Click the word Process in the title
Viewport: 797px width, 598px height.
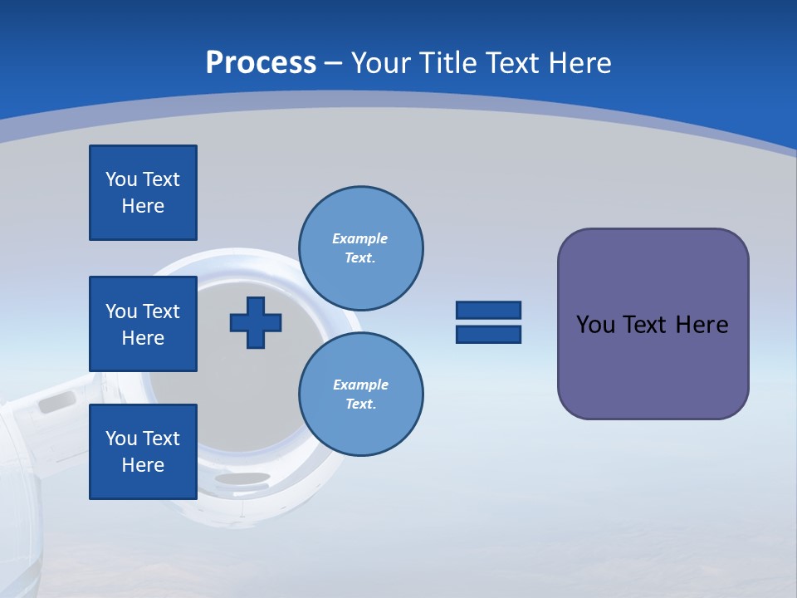[261, 62]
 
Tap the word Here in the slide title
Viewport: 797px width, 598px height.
[579, 62]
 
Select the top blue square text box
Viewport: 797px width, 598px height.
[143, 193]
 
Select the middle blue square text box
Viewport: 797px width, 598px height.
[143, 324]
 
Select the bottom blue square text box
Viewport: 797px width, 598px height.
[143, 452]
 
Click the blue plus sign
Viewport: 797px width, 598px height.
[256, 322]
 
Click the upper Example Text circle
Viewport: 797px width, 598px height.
[360, 248]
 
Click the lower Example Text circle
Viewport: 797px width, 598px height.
[360, 395]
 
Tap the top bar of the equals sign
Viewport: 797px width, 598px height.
[488, 311]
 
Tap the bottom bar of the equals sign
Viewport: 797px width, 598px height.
[488, 334]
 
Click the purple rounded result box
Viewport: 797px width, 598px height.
[653, 365]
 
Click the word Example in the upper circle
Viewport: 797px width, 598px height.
[360, 238]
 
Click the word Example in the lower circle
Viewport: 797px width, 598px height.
[360, 385]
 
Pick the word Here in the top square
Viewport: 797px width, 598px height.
[143, 206]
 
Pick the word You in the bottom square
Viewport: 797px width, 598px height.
[121, 439]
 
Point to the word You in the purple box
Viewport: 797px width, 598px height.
[594, 325]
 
